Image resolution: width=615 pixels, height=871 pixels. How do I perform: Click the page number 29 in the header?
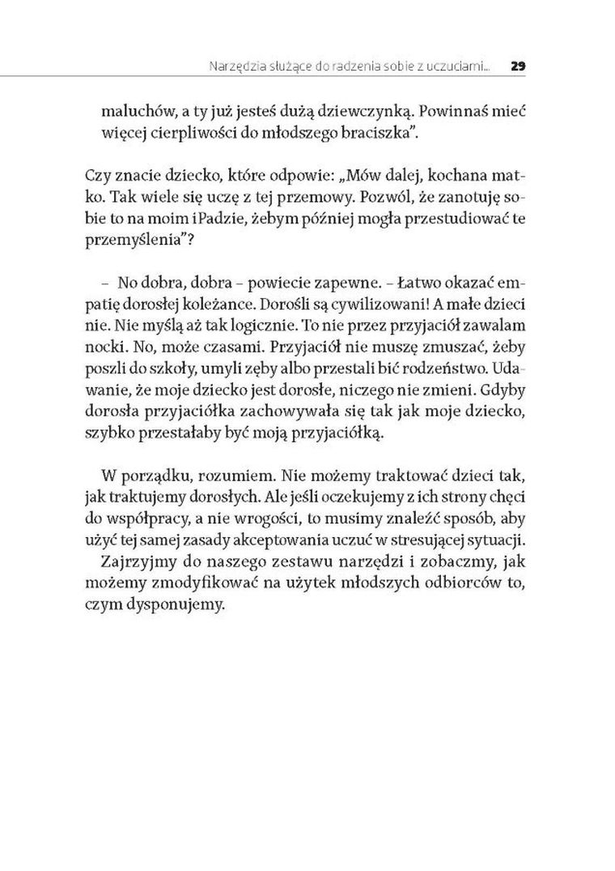(520, 66)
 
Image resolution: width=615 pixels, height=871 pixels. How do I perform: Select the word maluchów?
(133, 113)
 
